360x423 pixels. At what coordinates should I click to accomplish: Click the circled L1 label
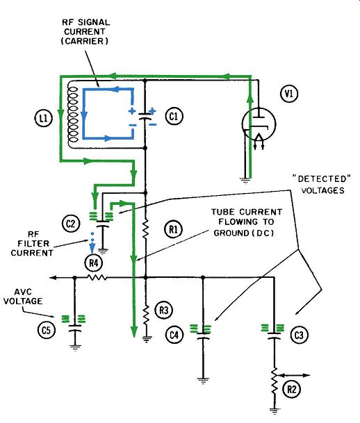pyautogui.click(x=44, y=118)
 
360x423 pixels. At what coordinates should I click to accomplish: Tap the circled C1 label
pyautogui.click(x=174, y=116)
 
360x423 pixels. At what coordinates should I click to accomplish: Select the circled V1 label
pyautogui.click(x=289, y=94)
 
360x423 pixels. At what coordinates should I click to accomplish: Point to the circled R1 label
pyautogui.click(x=173, y=230)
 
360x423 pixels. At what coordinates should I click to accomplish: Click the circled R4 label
pyautogui.click(x=93, y=263)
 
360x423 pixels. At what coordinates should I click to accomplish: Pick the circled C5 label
pyautogui.click(x=47, y=330)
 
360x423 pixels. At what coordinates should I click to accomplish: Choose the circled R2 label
pyautogui.click(x=292, y=389)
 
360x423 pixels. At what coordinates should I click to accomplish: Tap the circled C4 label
pyautogui.click(x=174, y=335)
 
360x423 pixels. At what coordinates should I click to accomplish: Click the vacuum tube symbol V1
pyautogui.click(x=259, y=124)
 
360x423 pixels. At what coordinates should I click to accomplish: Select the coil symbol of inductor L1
pyautogui.click(x=73, y=114)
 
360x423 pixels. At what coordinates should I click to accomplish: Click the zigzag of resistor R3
pyautogui.click(x=146, y=315)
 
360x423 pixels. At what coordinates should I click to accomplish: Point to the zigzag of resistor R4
pyautogui.click(x=97, y=277)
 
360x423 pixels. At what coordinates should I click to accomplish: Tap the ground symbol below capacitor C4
pyautogui.click(x=203, y=381)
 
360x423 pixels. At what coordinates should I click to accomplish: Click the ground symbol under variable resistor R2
pyautogui.click(x=275, y=411)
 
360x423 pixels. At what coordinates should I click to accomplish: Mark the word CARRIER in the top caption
pyautogui.click(x=85, y=41)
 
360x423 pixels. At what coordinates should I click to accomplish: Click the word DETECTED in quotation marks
pyautogui.click(x=322, y=179)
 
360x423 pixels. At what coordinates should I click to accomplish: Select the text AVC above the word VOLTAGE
pyautogui.click(x=23, y=292)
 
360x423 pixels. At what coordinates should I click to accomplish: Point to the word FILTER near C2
pyautogui.click(x=34, y=243)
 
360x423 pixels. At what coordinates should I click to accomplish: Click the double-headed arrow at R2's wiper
pyautogui.click(x=294, y=375)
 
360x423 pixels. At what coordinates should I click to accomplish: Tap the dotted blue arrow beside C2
pyautogui.click(x=92, y=242)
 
